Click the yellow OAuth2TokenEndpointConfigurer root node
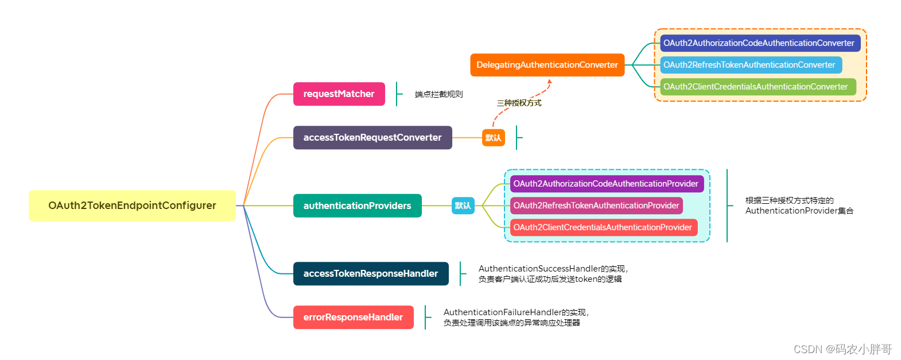tap(132, 206)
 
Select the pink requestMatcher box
tap(339, 94)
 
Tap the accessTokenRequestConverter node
tap(372, 138)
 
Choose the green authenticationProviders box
tap(357, 206)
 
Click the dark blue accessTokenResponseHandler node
tap(371, 273)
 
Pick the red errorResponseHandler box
tap(353, 317)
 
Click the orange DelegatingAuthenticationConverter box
tap(547, 65)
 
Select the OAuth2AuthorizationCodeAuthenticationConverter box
tap(759, 43)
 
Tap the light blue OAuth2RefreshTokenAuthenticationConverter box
tap(750, 65)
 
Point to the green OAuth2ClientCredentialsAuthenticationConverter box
tap(756, 87)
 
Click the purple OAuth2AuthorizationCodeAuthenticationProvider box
tap(606, 184)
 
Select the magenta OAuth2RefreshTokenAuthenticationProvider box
tap(596, 206)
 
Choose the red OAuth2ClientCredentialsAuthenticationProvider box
tap(603, 227)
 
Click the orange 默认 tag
tap(493, 138)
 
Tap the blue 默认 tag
tap(463, 206)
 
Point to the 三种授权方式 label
tap(519, 103)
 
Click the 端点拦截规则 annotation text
tap(438, 94)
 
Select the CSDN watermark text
tap(842, 349)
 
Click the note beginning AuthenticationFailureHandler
tap(516, 318)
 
